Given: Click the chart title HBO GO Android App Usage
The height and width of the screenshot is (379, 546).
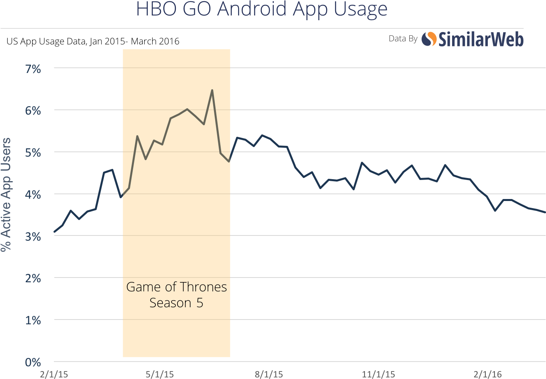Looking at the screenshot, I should point(262,9).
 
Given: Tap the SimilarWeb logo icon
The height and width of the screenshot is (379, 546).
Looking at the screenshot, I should point(429,39).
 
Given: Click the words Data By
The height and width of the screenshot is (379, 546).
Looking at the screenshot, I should point(403,38).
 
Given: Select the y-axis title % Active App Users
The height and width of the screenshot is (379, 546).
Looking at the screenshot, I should point(6,194).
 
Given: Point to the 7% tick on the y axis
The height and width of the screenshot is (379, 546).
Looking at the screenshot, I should point(33,69).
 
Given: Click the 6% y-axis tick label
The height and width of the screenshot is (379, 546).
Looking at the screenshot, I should point(33,111).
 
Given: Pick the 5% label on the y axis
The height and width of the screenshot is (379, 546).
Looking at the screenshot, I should point(33,153).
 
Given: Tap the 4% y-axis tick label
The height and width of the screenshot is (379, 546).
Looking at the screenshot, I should point(33,195).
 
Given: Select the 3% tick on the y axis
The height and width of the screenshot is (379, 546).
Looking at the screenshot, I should point(33,237).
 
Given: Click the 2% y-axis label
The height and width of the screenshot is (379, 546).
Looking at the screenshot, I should point(33,279).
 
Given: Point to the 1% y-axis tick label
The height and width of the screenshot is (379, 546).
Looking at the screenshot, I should point(33,320).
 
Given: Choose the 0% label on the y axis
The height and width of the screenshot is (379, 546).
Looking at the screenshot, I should point(33,362).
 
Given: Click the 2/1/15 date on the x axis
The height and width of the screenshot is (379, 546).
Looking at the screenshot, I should point(54,374).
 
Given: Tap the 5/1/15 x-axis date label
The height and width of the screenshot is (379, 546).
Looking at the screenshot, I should point(160,374).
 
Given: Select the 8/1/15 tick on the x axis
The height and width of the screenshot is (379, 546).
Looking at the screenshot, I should point(269,374).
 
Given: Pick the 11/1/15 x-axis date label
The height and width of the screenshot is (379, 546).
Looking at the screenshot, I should point(378,374).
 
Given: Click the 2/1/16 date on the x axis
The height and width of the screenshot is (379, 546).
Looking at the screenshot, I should point(488,374).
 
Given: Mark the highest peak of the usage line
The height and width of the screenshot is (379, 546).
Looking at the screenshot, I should point(212,90).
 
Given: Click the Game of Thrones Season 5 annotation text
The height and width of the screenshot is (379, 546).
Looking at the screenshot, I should point(176,295).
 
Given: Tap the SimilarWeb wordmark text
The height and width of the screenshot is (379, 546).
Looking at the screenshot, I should point(481,39).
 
